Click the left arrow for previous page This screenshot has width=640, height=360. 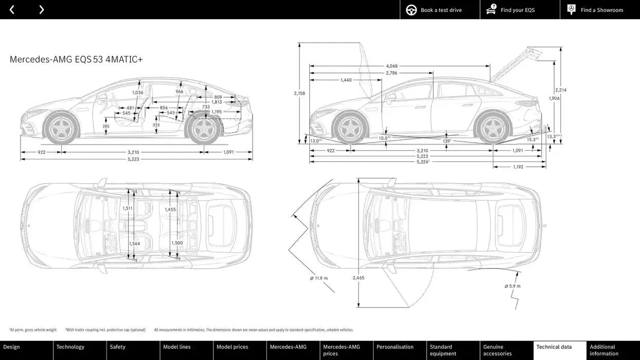(x=12, y=10)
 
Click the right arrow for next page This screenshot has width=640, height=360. (x=41, y=10)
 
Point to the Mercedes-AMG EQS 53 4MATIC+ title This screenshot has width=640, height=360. (x=76, y=60)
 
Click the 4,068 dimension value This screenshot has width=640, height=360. (x=392, y=66)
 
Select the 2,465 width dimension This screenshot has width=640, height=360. (x=359, y=278)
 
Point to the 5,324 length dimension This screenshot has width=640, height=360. (x=422, y=162)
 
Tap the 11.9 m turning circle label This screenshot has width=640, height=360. (x=318, y=278)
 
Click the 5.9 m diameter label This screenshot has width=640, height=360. (x=512, y=286)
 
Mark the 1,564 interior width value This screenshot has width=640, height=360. (x=134, y=244)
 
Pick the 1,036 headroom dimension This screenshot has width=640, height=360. (x=138, y=93)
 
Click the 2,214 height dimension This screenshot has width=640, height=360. (x=560, y=90)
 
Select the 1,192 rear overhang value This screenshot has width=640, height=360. (x=518, y=167)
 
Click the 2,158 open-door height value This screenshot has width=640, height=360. (x=299, y=93)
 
